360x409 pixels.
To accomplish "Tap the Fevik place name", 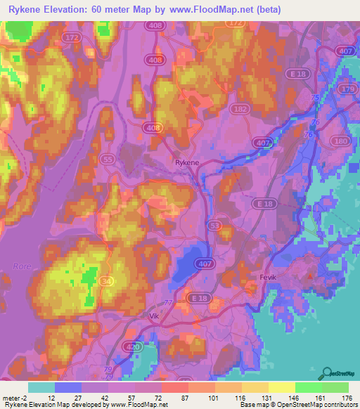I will [271, 277].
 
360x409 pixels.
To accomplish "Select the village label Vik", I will [155, 316].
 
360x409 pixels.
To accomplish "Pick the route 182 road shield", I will [241, 111].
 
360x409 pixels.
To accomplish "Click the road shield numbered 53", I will [214, 225].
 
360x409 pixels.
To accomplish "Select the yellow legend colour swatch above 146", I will [281, 387].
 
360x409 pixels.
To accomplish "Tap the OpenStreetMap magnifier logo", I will [326, 373].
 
